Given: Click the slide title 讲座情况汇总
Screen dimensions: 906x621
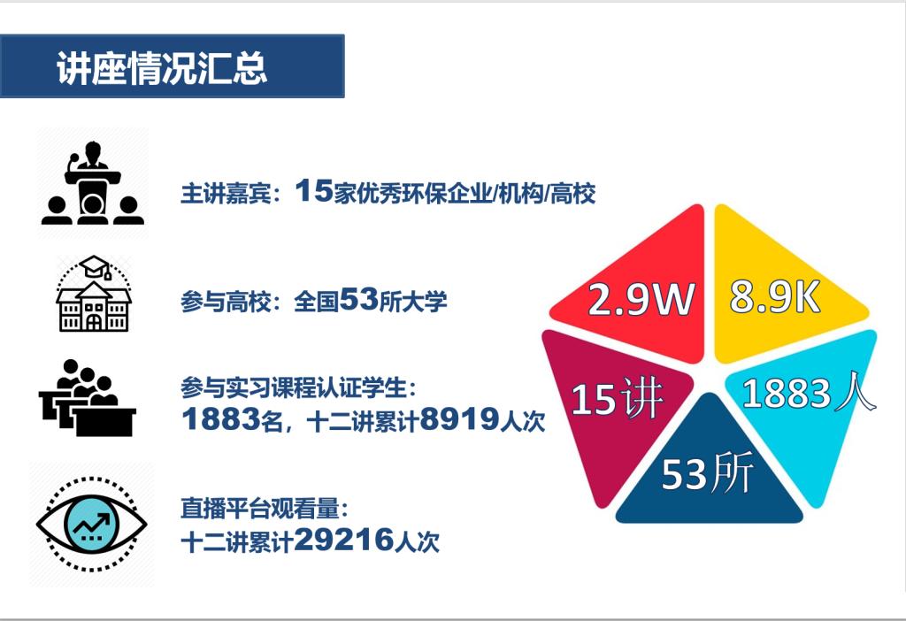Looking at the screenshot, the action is (162, 68).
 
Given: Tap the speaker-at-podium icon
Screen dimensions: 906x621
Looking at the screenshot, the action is (92, 182).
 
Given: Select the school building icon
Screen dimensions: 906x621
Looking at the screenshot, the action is (94, 294).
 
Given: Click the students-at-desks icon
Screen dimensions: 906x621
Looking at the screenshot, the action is (88, 397).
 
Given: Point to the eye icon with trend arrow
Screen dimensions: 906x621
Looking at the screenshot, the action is (92, 524).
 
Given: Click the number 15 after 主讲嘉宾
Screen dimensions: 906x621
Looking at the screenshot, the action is (314, 190).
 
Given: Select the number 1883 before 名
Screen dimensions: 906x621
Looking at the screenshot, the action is (220, 418).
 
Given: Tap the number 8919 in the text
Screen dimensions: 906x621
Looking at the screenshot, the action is (459, 418).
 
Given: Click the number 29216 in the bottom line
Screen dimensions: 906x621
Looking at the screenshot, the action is (344, 540).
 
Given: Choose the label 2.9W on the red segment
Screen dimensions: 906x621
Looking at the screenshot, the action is (641, 299).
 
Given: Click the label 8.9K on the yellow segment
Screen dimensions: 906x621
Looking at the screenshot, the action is (775, 297).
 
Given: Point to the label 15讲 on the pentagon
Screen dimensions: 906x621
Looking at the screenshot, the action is (617, 398).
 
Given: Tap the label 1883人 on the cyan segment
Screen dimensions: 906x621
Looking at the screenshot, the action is (809, 393).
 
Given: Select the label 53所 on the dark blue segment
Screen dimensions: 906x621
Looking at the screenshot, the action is (707, 473).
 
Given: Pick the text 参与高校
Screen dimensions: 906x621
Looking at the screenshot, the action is (226, 302).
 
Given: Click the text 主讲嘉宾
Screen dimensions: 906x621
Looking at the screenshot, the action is (226, 193).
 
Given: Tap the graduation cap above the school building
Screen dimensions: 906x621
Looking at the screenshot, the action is (96, 266).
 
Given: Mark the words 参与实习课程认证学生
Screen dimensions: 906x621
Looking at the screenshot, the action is (294, 387).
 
